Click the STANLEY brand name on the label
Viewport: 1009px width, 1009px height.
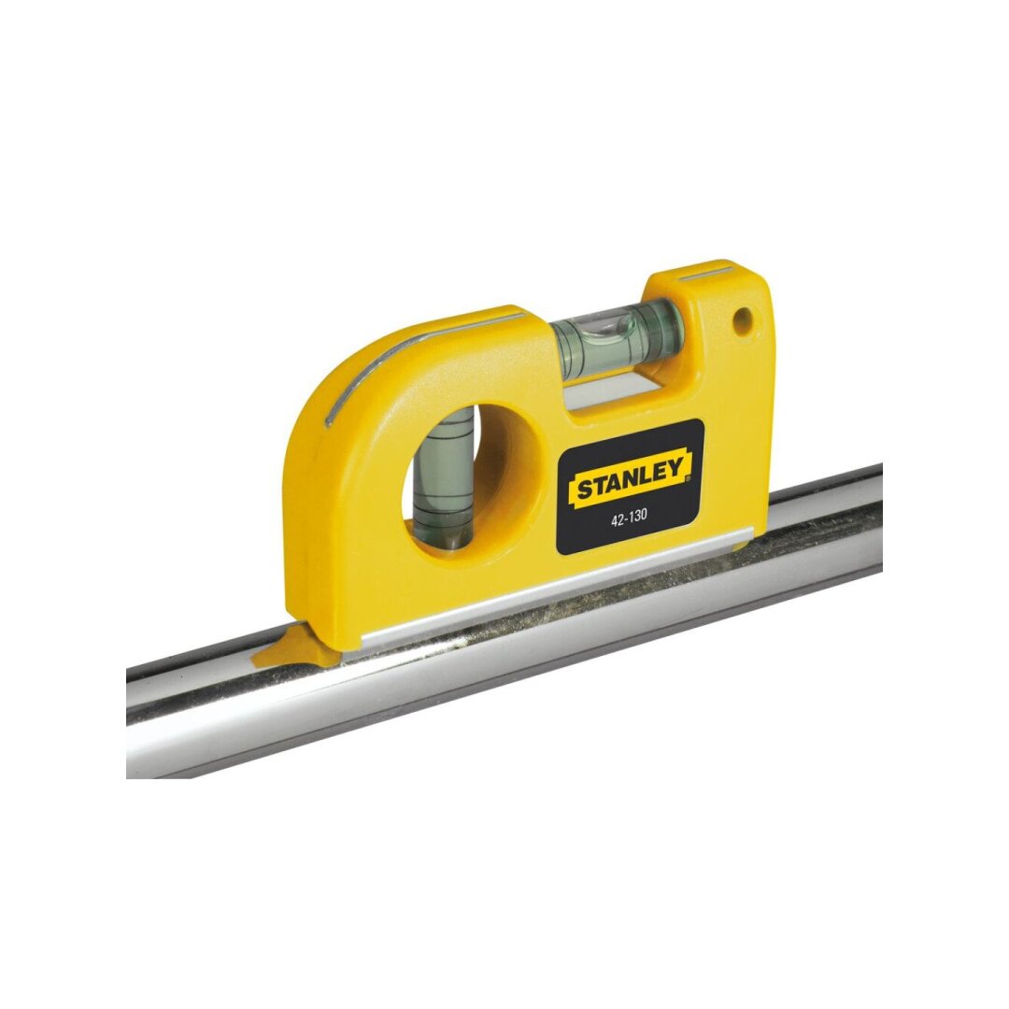click(629, 481)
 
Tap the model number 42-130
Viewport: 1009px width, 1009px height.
click(629, 522)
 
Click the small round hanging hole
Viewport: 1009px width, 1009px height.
click(742, 320)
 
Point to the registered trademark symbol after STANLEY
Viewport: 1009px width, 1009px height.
click(687, 478)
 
